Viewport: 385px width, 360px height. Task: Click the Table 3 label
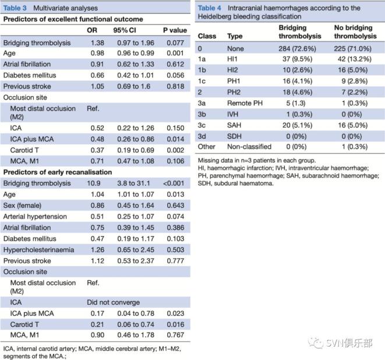pyautogui.click(x=15, y=8)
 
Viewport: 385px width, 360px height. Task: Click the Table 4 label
pyautogui.click(x=210, y=8)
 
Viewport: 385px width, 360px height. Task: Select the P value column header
pyautogui.click(x=175, y=30)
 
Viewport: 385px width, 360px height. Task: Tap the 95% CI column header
pyautogui.click(x=125, y=30)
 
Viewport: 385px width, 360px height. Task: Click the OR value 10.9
pyautogui.click(x=94, y=183)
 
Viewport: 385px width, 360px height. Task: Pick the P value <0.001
pyautogui.click(x=174, y=183)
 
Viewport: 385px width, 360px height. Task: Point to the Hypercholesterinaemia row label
pyautogui.click(x=38, y=250)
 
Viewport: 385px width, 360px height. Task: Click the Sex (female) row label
pyautogui.click(x=22, y=205)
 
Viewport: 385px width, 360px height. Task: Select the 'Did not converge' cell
pyautogui.click(x=113, y=302)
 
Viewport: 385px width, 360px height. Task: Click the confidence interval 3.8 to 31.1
pyautogui.click(x=133, y=183)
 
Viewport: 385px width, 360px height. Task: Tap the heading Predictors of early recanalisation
pyautogui.click(x=58, y=172)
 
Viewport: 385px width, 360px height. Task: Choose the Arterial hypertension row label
pyautogui.click(x=35, y=217)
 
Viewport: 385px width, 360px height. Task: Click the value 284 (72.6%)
pyautogui.click(x=297, y=48)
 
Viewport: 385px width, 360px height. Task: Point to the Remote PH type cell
pyautogui.click(x=245, y=103)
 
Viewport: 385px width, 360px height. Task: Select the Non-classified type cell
pyautogui.click(x=249, y=147)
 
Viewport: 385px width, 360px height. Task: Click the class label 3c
pyautogui.click(x=202, y=125)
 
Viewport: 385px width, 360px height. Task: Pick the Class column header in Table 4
pyautogui.click(x=207, y=36)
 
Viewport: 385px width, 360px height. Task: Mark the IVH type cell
pyautogui.click(x=232, y=114)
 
